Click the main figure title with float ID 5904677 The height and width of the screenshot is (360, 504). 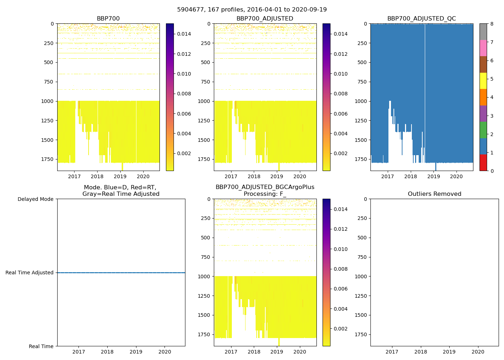pos(252,10)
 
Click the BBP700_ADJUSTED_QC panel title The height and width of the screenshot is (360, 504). pos(422,19)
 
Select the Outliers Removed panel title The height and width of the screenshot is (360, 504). pos(435,194)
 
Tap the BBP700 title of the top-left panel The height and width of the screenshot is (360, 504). pos(108,19)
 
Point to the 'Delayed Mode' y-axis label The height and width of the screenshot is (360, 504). pos(36,199)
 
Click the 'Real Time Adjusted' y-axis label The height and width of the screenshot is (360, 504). pos(30,273)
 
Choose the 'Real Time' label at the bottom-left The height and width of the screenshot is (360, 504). pos(41,346)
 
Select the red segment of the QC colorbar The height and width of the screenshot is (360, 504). pos(483,162)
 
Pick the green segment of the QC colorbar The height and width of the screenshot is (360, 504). pos(483,130)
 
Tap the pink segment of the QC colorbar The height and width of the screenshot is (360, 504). pos(483,48)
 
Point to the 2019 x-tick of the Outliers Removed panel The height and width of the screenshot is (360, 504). pos(449,352)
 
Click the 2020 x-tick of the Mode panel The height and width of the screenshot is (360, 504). pos(165,352)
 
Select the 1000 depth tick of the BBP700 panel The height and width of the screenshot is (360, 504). pos(48,101)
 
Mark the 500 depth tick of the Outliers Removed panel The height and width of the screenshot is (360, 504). pos(363,238)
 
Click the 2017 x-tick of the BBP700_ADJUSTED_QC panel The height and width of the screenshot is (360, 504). pos(388,176)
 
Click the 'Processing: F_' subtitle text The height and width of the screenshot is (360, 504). pos(265,194)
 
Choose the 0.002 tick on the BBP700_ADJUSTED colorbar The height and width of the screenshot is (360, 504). pos(340,153)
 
